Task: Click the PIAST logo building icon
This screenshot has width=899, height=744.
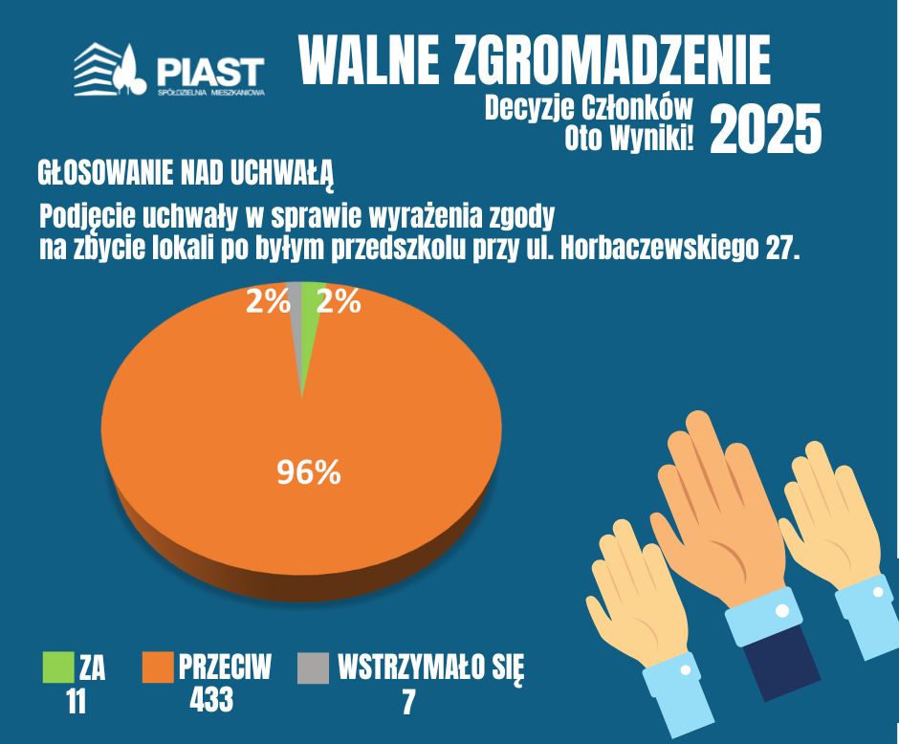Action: tap(110, 70)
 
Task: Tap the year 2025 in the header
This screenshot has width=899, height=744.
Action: tap(765, 129)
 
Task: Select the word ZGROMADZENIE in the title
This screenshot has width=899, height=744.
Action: tap(611, 59)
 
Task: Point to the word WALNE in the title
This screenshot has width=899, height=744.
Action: tap(369, 59)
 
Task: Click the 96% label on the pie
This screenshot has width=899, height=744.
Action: tap(309, 472)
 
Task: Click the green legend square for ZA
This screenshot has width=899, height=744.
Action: tap(58, 667)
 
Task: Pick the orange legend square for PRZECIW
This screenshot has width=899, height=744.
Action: tap(158, 667)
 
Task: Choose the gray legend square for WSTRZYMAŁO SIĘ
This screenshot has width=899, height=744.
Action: tap(314, 667)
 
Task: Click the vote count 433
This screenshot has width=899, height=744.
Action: tap(211, 699)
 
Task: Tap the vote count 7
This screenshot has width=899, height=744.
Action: tap(408, 702)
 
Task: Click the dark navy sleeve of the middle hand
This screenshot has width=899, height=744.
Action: tap(782, 662)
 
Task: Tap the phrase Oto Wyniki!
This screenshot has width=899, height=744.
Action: tap(629, 138)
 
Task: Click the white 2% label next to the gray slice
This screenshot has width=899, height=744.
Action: tap(268, 301)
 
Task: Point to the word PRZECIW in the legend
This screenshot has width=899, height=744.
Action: tap(225, 667)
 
